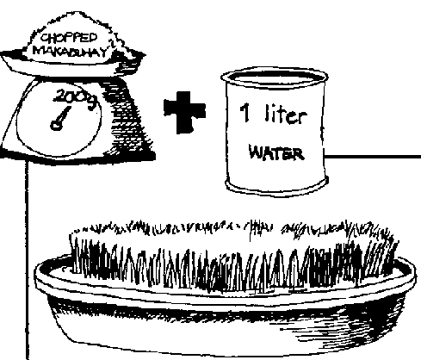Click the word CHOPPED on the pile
[69, 39]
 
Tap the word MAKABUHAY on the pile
[72, 51]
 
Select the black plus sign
[184, 112]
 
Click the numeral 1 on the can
[245, 113]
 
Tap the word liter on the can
[286, 114]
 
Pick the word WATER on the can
[276, 152]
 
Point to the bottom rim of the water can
[276, 190]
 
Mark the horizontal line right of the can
[372, 157]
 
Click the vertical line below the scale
[28, 260]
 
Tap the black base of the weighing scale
[77, 156]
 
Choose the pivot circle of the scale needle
[56, 125]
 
